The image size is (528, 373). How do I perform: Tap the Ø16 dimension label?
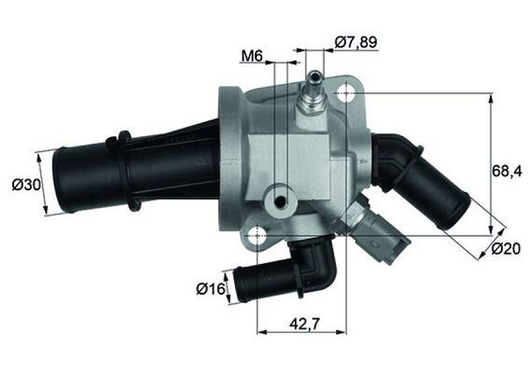pyautogui.click(x=210, y=289)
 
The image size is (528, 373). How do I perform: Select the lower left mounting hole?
pyautogui.click(x=257, y=235)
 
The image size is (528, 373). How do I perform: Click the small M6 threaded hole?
pyautogui.click(x=281, y=202)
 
